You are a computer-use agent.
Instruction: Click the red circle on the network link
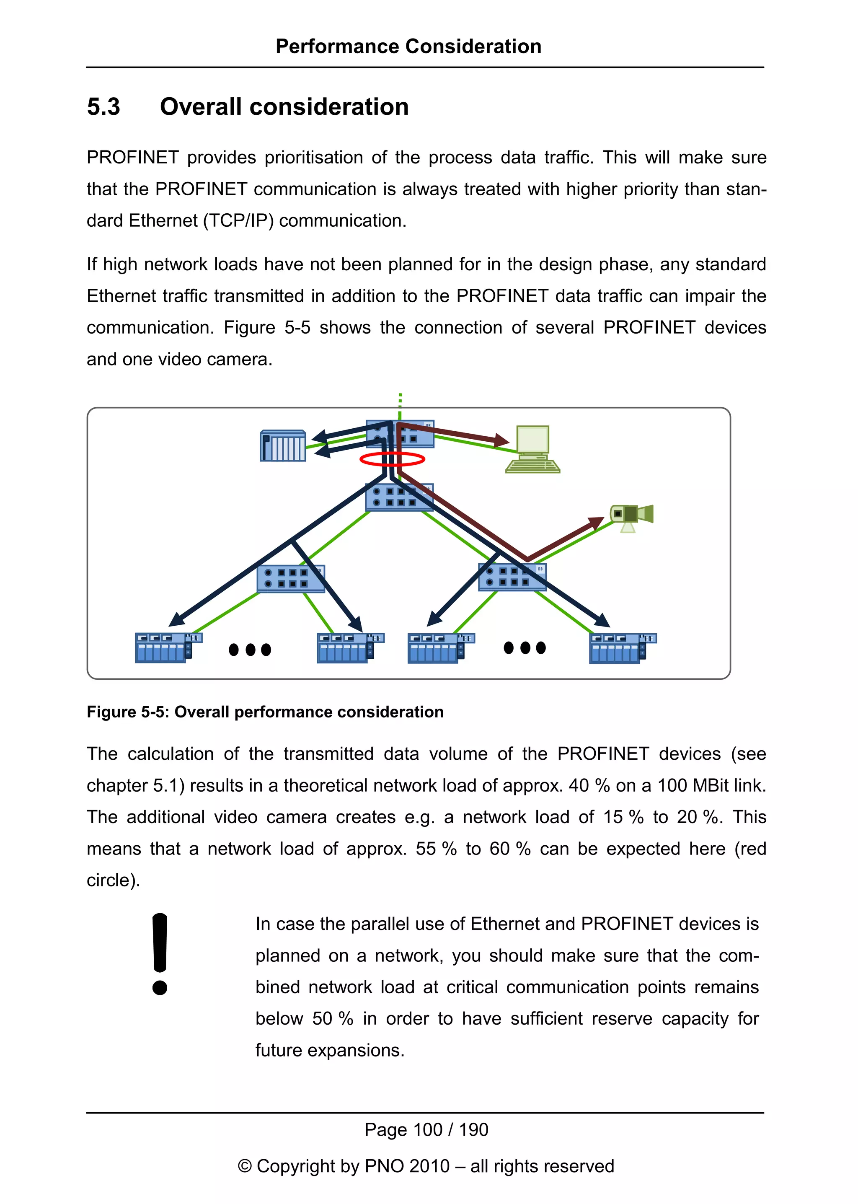click(x=392, y=459)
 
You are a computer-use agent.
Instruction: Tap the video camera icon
click(x=631, y=516)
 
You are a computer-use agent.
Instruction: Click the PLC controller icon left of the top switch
click(x=283, y=445)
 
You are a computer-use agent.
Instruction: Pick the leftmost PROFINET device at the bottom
click(x=168, y=647)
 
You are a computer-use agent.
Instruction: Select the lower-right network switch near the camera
click(x=512, y=577)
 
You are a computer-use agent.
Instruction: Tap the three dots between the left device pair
click(x=250, y=650)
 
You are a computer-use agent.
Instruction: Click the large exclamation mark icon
click(x=160, y=953)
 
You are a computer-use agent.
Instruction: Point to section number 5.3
click(x=103, y=107)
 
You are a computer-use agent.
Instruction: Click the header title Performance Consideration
click(x=408, y=47)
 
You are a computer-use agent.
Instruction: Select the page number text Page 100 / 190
click(x=426, y=1129)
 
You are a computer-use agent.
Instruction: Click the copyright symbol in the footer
click(x=245, y=1166)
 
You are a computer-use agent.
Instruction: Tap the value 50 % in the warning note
click(x=332, y=1018)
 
